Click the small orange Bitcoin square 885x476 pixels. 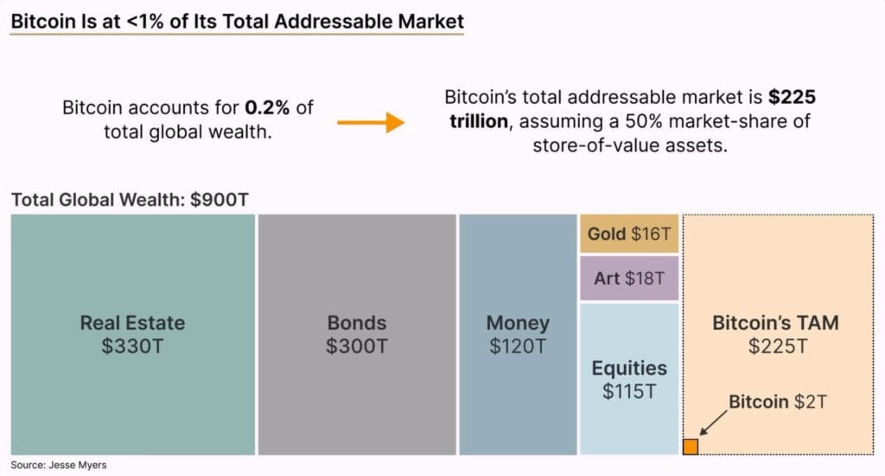click(691, 447)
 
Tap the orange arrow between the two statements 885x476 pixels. click(371, 123)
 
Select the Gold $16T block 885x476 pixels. click(629, 234)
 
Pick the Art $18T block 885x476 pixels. click(629, 279)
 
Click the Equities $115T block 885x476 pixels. click(629, 378)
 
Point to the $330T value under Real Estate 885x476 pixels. click(132, 346)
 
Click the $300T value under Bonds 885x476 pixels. click(356, 346)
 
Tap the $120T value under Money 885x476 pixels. click(518, 346)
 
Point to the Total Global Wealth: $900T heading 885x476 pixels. click(131, 200)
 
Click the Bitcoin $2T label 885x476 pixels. click(777, 402)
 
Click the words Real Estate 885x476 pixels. click(132, 323)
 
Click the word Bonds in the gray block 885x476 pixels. click(356, 323)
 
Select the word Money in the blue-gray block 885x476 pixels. click(518, 323)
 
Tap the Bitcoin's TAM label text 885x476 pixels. click(775, 323)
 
